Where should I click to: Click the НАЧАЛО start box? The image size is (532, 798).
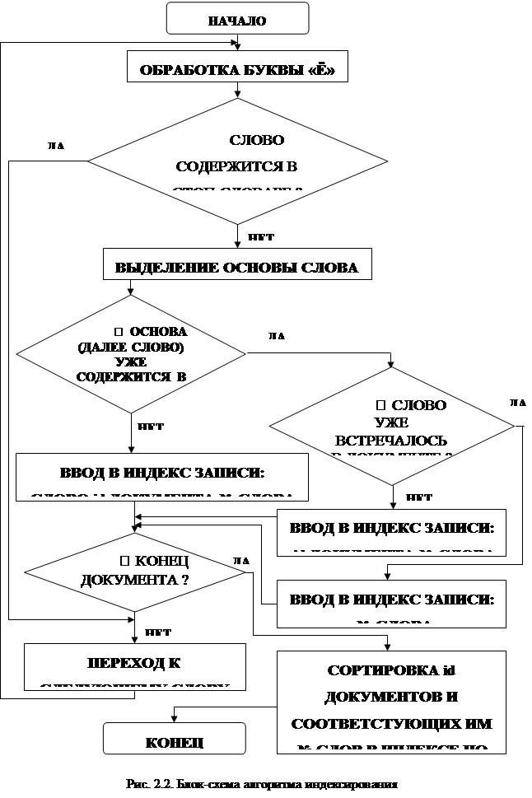237,21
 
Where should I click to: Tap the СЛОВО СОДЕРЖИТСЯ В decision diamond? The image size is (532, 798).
238,161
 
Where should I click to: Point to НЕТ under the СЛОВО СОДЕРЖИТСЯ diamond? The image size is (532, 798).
261,235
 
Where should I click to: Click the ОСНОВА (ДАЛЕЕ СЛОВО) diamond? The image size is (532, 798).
131,354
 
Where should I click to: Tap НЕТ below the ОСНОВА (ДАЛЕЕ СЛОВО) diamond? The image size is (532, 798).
150,425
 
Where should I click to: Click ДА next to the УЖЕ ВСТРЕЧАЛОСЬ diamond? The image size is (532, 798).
517,400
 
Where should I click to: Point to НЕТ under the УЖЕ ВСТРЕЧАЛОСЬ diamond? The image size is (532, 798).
419,496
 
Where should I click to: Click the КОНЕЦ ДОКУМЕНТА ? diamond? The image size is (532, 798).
135,570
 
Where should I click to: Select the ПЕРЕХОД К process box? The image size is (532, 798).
135,665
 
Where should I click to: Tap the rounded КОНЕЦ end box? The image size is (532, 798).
174,740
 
